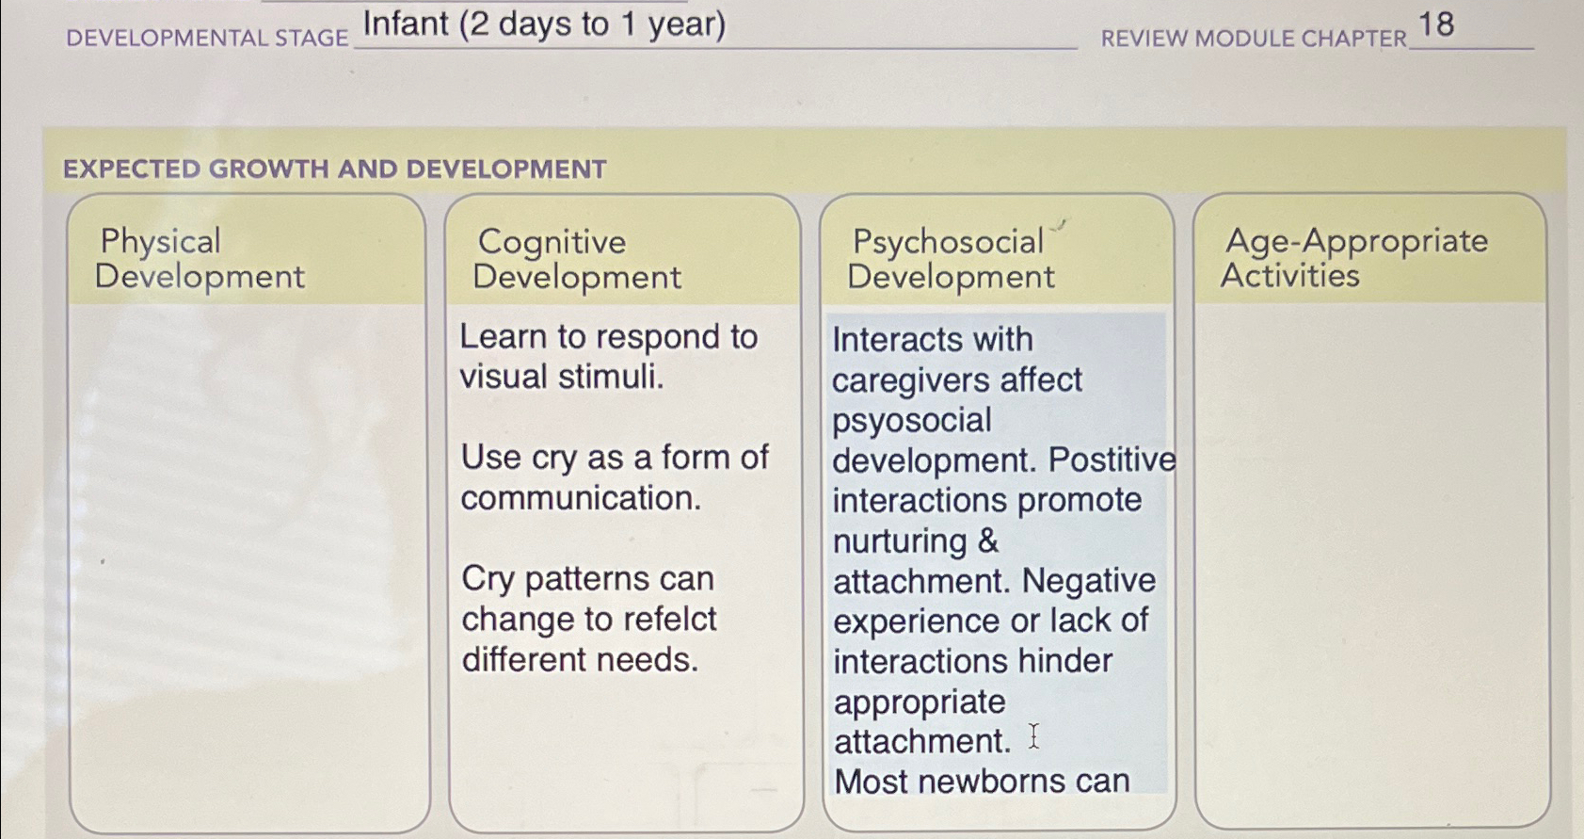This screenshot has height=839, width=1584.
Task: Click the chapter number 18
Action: pyautogui.click(x=1435, y=24)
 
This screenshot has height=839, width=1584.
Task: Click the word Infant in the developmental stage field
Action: pyautogui.click(x=407, y=24)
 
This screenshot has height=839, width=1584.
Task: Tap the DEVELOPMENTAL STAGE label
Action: pyautogui.click(x=207, y=38)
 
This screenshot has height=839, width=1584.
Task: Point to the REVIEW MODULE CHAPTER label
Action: pyautogui.click(x=1253, y=39)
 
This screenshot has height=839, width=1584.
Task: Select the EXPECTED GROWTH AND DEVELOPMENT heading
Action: pyautogui.click(x=334, y=169)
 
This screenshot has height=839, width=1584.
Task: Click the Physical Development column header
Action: pyautogui.click(x=200, y=259)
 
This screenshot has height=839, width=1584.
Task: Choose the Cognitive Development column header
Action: pyautogui.click(x=576, y=259)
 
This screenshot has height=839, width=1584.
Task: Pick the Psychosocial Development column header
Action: pyautogui.click(x=951, y=259)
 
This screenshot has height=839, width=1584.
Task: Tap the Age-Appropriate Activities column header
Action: pyautogui.click(x=1353, y=258)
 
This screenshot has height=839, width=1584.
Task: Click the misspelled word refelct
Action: pyautogui.click(x=670, y=619)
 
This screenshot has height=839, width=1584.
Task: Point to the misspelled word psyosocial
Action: pyautogui.click(x=911, y=420)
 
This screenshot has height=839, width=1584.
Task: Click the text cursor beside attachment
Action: pyautogui.click(x=1033, y=736)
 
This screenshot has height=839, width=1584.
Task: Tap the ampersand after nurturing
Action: pyautogui.click(x=987, y=541)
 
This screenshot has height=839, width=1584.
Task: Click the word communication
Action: pyautogui.click(x=581, y=498)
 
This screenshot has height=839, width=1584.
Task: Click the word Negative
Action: pyautogui.click(x=1089, y=581)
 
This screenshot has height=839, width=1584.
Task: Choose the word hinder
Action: pyautogui.click(x=1065, y=661)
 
